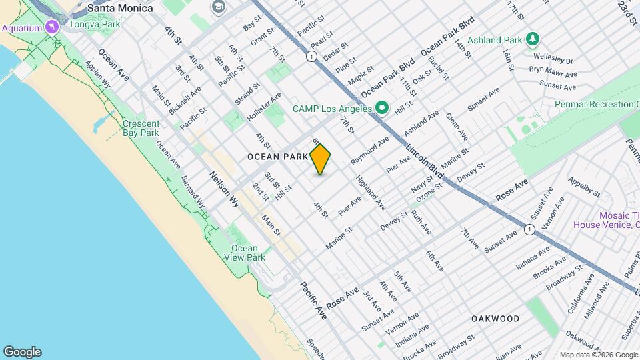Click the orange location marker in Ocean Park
[x=321, y=159]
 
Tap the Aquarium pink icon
[x=52, y=27]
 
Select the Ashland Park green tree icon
[x=533, y=39]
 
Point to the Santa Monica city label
[x=120, y=8]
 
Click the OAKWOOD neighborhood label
[x=495, y=319]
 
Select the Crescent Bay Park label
[x=141, y=128]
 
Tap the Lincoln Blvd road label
[x=425, y=159]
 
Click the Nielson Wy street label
[x=224, y=189]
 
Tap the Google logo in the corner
[x=22, y=351]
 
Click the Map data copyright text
[x=598, y=355]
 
